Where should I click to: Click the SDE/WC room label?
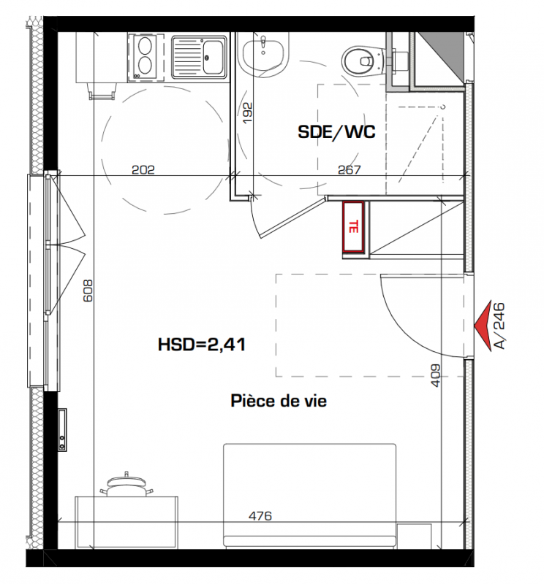(x=336, y=132)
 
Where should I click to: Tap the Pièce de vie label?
(x=279, y=401)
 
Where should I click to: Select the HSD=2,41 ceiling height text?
(x=202, y=345)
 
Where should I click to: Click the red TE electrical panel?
(x=353, y=227)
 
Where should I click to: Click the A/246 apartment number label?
(x=499, y=326)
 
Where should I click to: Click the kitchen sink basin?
(x=213, y=57)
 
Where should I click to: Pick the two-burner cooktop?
(x=146, y=58)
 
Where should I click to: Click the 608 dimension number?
(x=88, y=291)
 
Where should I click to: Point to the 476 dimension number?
(x=260, y=516)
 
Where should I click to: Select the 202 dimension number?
(x=143, y=170)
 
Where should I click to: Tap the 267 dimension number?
(x=350, y=170)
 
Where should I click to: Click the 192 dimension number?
(x=247, y=113)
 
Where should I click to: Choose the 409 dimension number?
(x=436, y=375)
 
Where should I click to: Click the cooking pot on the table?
(x=126, y=485)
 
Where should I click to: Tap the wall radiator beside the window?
(x=62, y=430)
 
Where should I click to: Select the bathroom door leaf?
(x=292, y=218)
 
